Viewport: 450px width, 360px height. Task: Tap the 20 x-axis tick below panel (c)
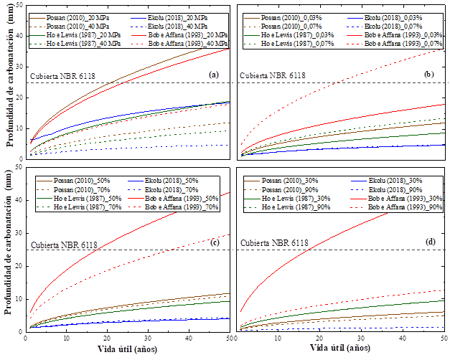coord(106,338)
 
